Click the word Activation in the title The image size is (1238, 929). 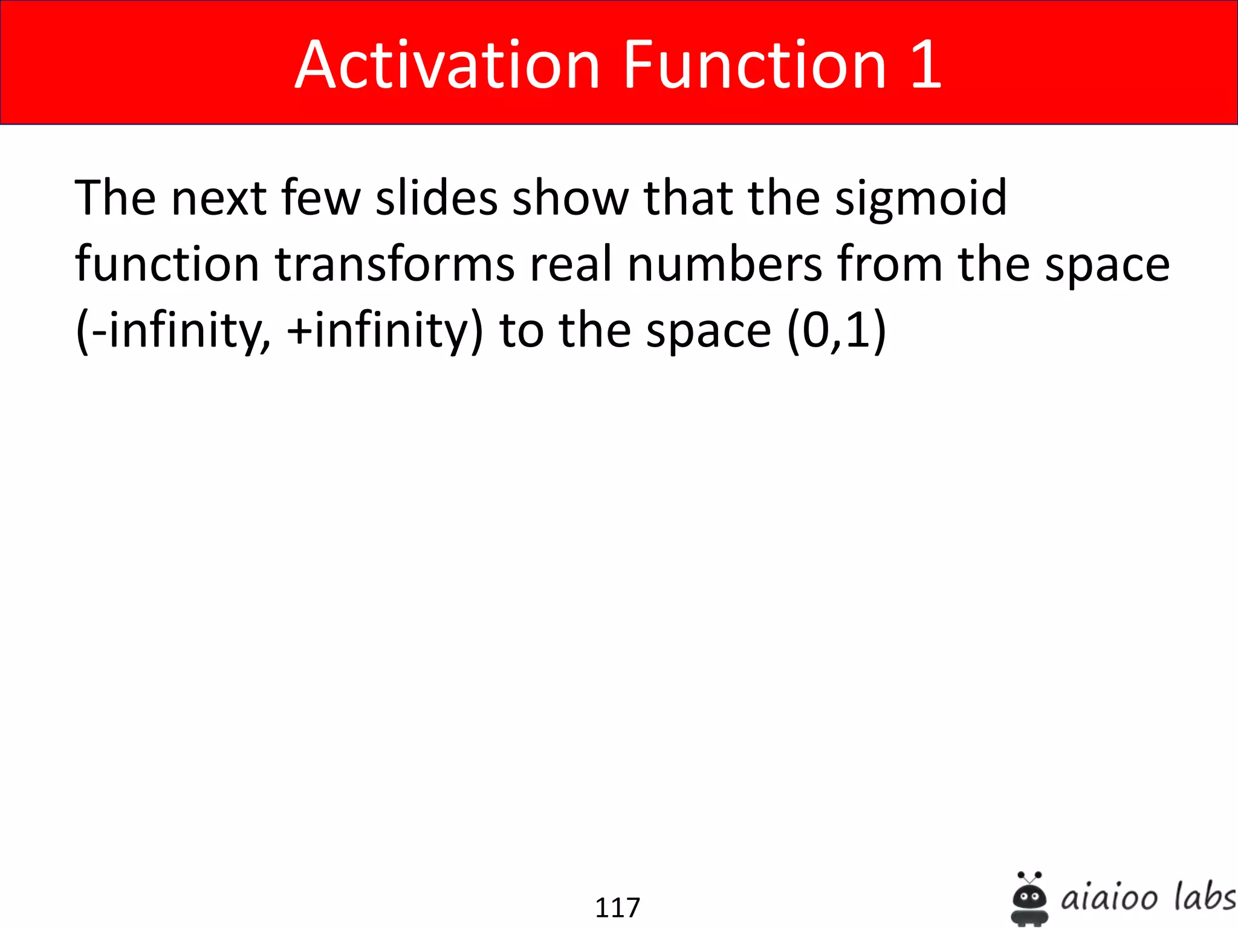447,65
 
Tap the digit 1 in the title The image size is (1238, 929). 925,65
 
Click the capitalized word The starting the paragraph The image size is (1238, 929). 115,198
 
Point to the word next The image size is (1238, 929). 219,199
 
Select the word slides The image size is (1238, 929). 436,198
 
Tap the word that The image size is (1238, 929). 688,198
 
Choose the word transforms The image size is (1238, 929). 395,264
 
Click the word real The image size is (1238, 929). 571,264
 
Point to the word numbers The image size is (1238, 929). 725,264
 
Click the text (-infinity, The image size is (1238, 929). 173,332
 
